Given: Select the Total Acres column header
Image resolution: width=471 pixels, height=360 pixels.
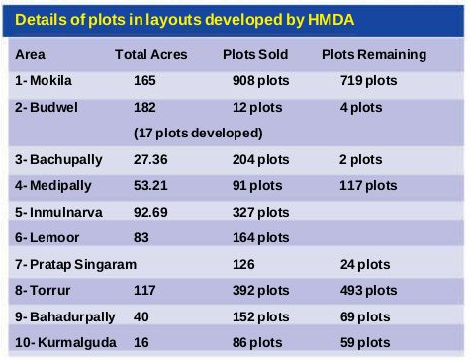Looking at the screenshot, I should (151, 55).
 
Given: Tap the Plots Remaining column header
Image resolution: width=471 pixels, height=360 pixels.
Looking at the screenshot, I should (374, 55).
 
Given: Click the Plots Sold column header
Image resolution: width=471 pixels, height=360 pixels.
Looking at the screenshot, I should (255, 55).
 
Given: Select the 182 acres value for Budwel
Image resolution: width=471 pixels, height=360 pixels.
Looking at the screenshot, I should (144, 107).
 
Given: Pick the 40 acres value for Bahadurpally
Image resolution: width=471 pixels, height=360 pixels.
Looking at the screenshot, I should (141, 316).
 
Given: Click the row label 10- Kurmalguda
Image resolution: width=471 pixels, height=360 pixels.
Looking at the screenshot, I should (61, 342).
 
